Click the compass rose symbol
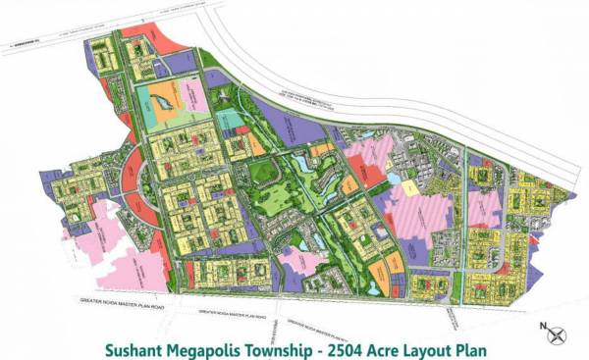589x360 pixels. (x=558, y=331)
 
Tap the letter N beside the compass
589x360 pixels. (x=540, y=324)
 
